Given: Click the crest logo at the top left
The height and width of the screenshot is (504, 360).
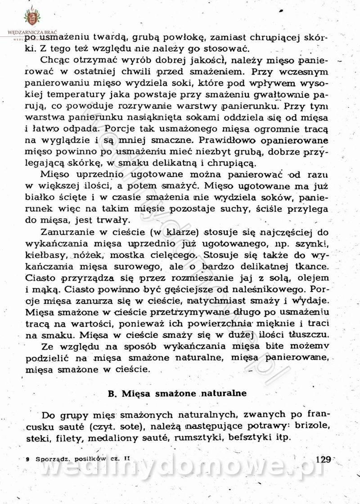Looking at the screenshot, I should tap(31, 17).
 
